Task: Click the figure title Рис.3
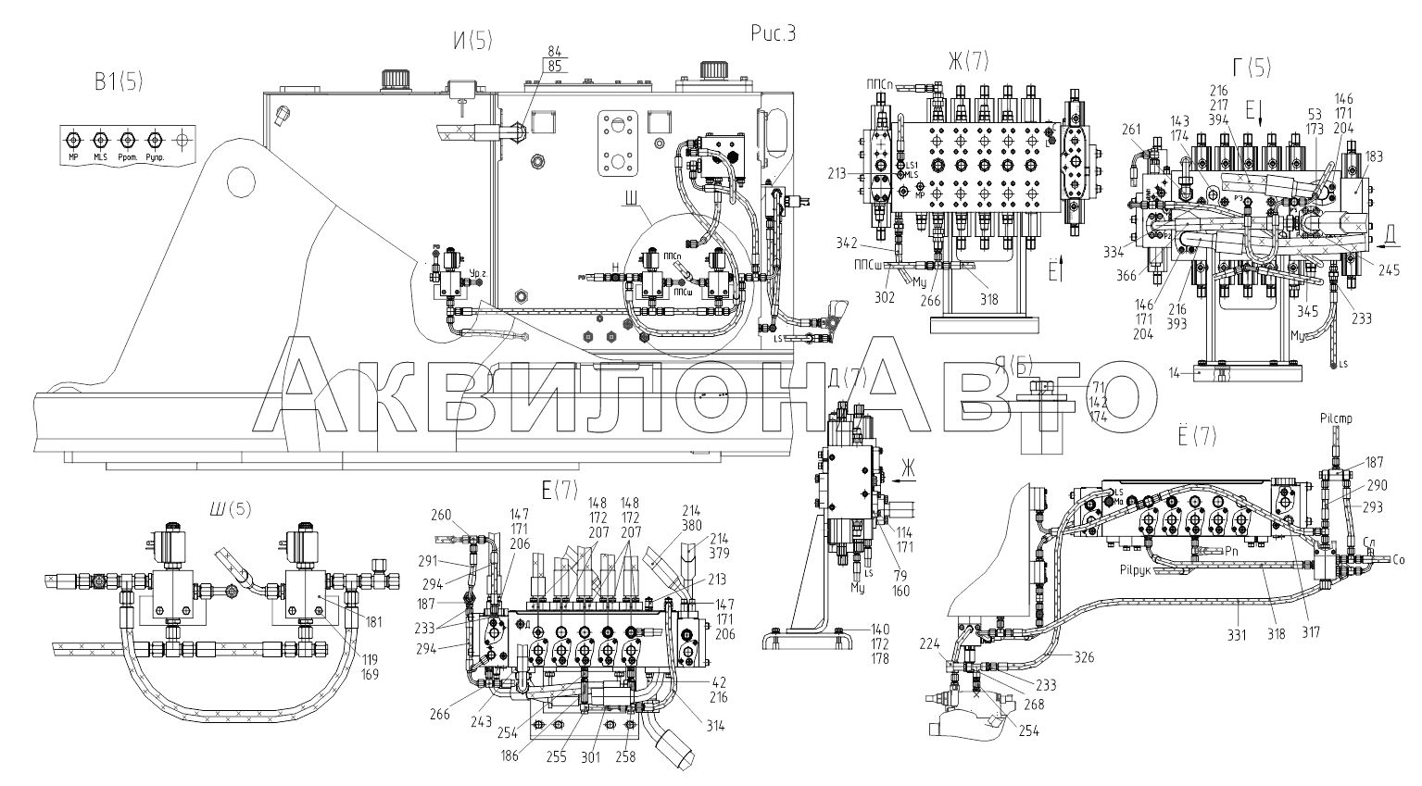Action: click(x=774, y=34)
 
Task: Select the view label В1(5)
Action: click(x=118, y=82)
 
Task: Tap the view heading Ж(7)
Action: click(x=967, y=61)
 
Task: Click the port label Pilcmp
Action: click(x=1334, y=419)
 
